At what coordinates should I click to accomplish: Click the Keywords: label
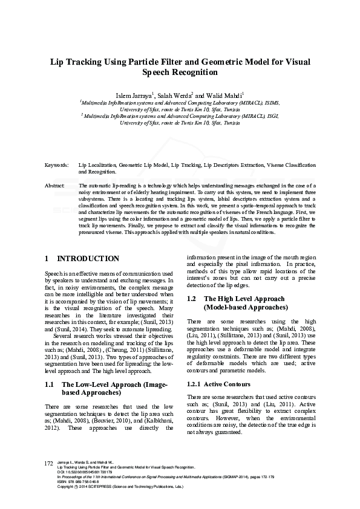[x=57, y=165]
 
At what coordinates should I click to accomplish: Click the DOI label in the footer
[x=59, y=488]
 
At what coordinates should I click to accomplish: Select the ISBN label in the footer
[x=61, y=498]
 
